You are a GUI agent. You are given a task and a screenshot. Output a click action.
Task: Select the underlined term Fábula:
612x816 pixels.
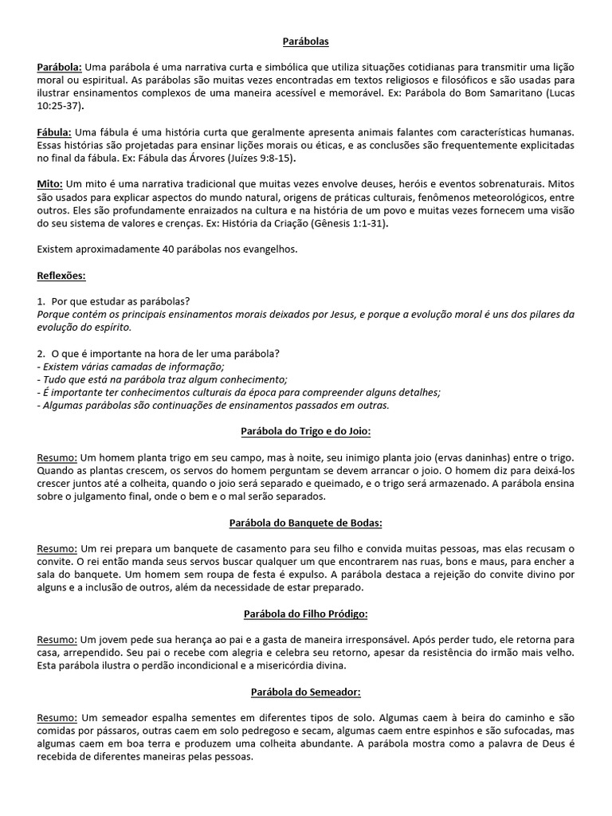tap(55, 131)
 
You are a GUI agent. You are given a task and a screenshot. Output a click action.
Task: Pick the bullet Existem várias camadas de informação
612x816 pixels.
tap(132, 367)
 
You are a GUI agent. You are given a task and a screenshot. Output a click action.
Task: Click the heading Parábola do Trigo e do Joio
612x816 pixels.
tap(306, 431)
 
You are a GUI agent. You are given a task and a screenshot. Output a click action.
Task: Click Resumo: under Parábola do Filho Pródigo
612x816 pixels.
tap(57, 640)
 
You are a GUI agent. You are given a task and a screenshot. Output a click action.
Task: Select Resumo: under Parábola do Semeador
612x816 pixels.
tap(57, 718)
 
